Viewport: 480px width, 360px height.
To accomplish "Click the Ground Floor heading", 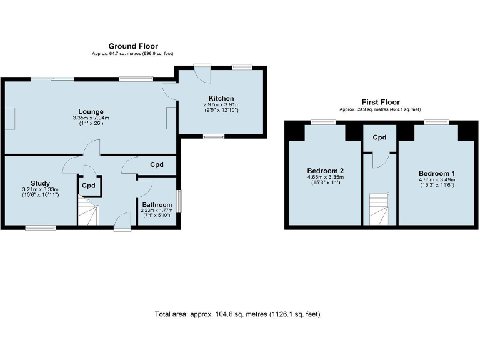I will coord(133,46).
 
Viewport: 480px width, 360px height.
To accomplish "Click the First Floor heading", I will coord(381,102).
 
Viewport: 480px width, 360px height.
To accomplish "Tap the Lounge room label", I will coord(91,111).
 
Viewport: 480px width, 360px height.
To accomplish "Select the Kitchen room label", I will coord(221,98).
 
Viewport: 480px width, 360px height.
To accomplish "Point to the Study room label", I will coord(40,183).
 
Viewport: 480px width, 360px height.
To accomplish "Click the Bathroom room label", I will coord(157,204).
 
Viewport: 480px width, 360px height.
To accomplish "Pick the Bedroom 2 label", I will coord(325,171).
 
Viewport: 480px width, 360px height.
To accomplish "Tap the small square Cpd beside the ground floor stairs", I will coord(89,186).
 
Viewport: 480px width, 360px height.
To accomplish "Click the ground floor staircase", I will coord(87,211).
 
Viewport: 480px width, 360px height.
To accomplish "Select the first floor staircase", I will coord(379,209).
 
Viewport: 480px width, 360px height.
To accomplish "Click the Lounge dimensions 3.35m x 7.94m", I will coord(91,117).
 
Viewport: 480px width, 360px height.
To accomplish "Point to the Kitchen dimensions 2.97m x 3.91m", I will coord(221,104).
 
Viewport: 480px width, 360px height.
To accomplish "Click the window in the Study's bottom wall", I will coord(36,228).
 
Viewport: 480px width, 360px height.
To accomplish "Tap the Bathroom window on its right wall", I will coord(178,201).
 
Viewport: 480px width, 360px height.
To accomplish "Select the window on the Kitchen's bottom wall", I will coord(213,136).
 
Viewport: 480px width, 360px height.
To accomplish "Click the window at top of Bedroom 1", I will coord(436,122).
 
